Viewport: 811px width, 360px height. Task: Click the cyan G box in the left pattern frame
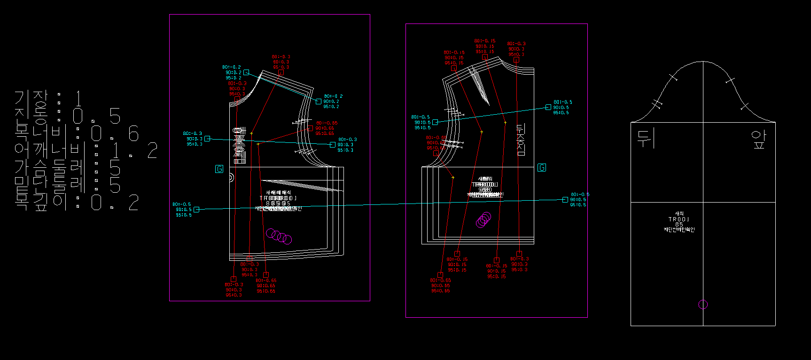coord(219,169)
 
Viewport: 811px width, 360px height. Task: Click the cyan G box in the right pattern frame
coord(542,168)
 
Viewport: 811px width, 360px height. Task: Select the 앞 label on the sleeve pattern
coord(759,140)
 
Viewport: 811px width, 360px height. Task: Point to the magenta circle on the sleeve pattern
coord(703,305)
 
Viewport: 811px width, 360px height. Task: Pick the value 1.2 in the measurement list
coord(134,151)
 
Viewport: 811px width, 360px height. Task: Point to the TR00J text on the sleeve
coord(679,219)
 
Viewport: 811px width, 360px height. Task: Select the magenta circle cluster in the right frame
coord(483,219)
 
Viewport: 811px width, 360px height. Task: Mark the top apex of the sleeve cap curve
coord(703,61)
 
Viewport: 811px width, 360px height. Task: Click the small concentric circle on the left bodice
coord(231,178)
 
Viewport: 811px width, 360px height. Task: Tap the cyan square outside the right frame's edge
coord(565,200)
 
